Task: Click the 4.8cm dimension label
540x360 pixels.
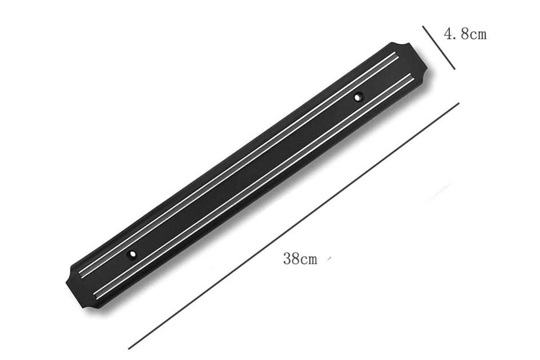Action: tap(465, 34)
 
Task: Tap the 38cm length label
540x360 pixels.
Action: tap(300, 259)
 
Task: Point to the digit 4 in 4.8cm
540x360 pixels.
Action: tap(449, 34)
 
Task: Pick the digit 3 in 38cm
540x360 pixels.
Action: tap(288, 259)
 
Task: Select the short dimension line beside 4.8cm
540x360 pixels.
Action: tap(439, 48)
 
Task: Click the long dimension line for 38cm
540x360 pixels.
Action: tap(293, 226)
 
